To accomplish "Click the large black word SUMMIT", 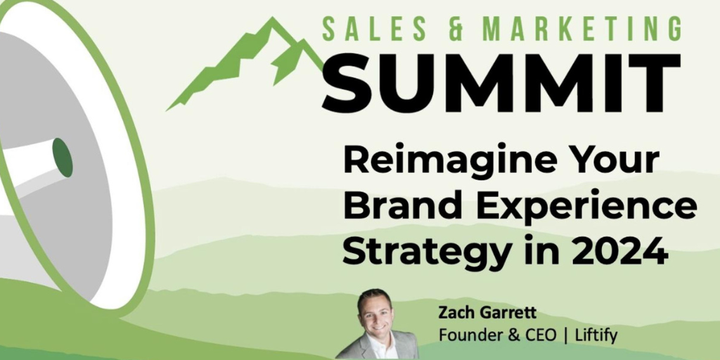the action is pyautogui.click(x=501, y=83).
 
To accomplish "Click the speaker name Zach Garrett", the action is pyautogui.click(x=487, y=313).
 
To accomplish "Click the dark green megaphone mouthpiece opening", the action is pyautogui.click(x=63, y=157).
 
